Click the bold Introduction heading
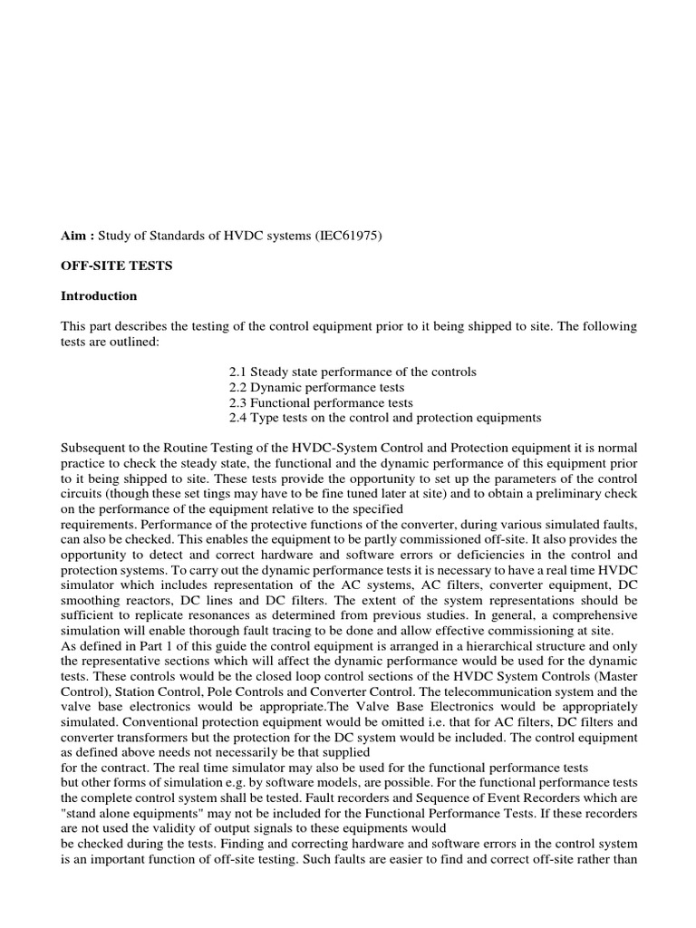(x=99, y=295)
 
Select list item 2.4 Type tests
(x=385, y=418)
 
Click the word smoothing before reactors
(x=92, y=601)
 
